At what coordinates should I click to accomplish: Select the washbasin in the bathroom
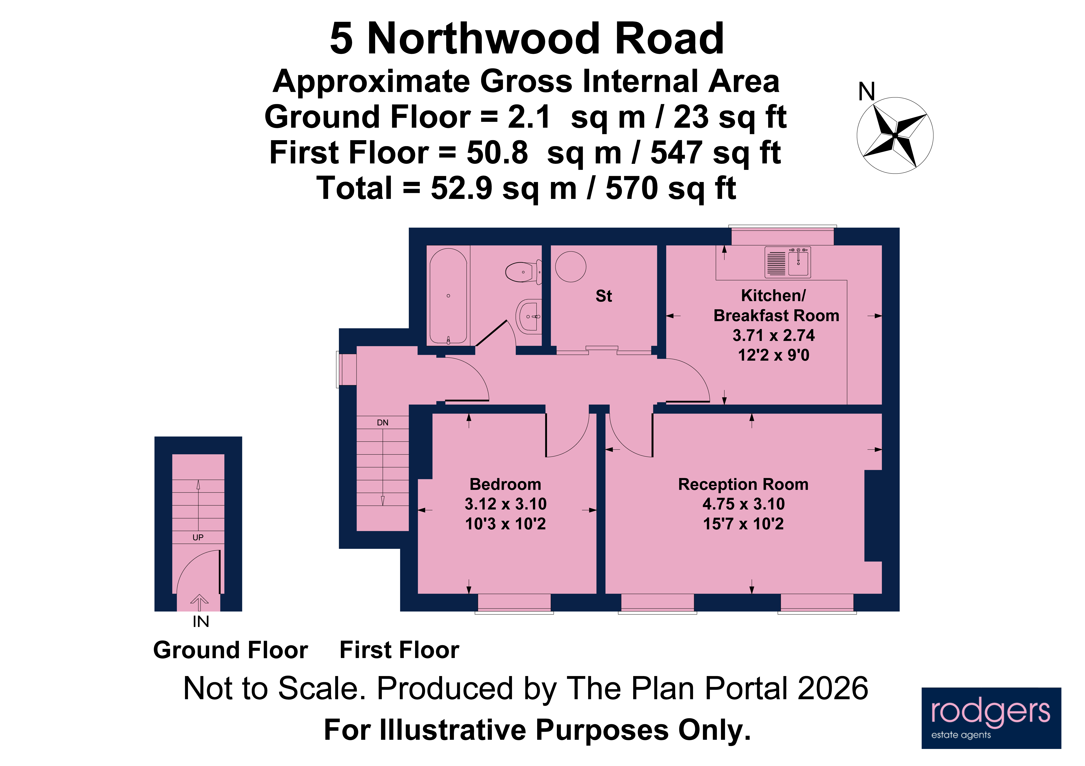click(529, 316)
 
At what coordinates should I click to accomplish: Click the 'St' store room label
click(603, 296)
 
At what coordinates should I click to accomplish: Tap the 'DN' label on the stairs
click(382, 423)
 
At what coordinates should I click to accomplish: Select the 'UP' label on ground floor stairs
click(198, 537)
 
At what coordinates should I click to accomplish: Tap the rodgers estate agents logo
click(991, 718)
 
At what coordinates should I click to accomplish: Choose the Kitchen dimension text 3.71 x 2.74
click(774, 335)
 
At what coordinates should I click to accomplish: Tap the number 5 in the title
click(341, 39)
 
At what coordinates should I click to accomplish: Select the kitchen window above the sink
click(782, 236)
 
